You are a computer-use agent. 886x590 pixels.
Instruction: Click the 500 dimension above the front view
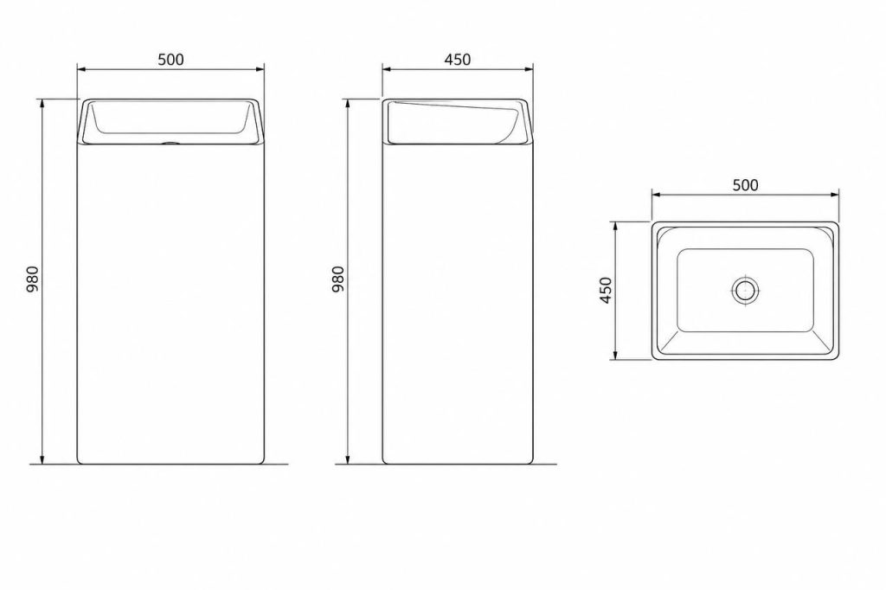170,60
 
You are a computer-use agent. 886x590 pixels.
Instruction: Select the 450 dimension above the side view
457,60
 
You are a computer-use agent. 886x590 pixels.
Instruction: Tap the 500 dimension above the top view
745,185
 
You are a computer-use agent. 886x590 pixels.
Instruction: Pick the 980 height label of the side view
337,279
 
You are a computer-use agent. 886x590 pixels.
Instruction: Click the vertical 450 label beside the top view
605,290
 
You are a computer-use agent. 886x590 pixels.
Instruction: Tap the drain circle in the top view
745,291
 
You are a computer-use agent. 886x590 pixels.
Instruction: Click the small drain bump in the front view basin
170,143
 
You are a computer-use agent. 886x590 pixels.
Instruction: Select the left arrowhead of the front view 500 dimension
81,69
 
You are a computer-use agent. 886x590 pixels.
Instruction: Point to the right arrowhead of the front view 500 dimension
260,69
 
